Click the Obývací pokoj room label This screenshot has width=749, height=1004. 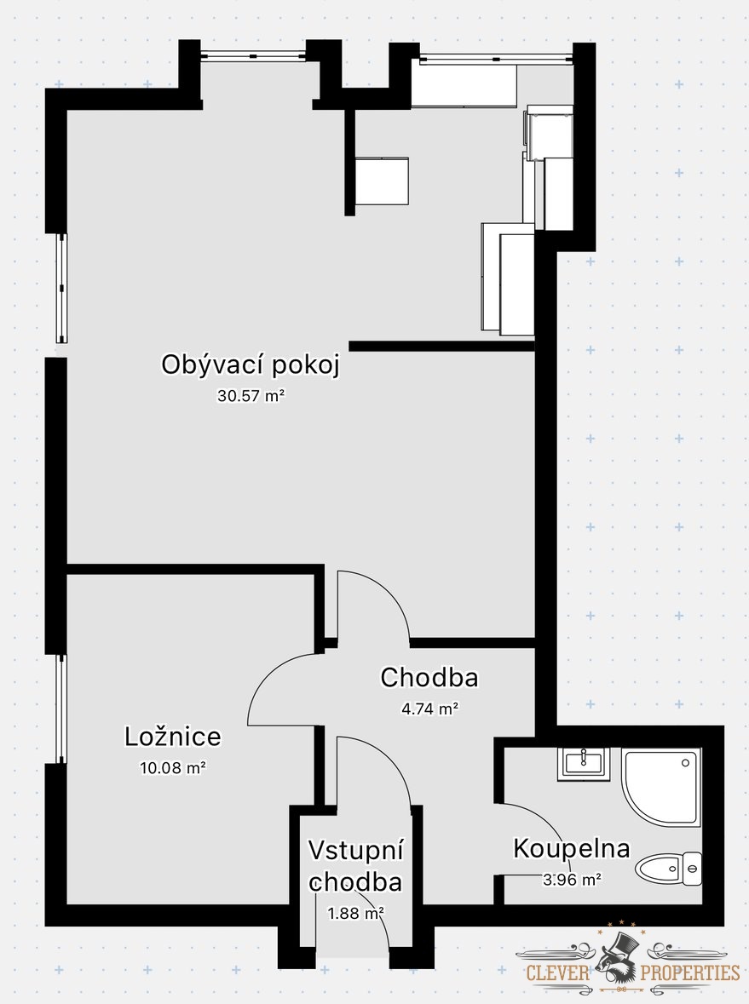[251, 365]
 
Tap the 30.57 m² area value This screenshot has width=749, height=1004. [251, 396]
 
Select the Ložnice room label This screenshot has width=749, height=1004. [173, 737]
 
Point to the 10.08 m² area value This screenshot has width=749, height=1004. [173, 767]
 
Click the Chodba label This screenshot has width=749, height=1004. [429, 678]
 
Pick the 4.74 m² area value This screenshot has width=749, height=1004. [429, 708]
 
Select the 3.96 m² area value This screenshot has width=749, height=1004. [573, 880]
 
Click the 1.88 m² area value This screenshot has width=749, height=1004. [355, 913]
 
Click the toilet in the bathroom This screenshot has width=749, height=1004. [669, 869]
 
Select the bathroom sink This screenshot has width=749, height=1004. [584, 763]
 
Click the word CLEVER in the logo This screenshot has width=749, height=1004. [558, 972]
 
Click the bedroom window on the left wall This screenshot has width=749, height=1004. [60, 709]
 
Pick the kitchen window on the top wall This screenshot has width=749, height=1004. [494, 57]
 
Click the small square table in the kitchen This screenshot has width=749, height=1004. [381, 181]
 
